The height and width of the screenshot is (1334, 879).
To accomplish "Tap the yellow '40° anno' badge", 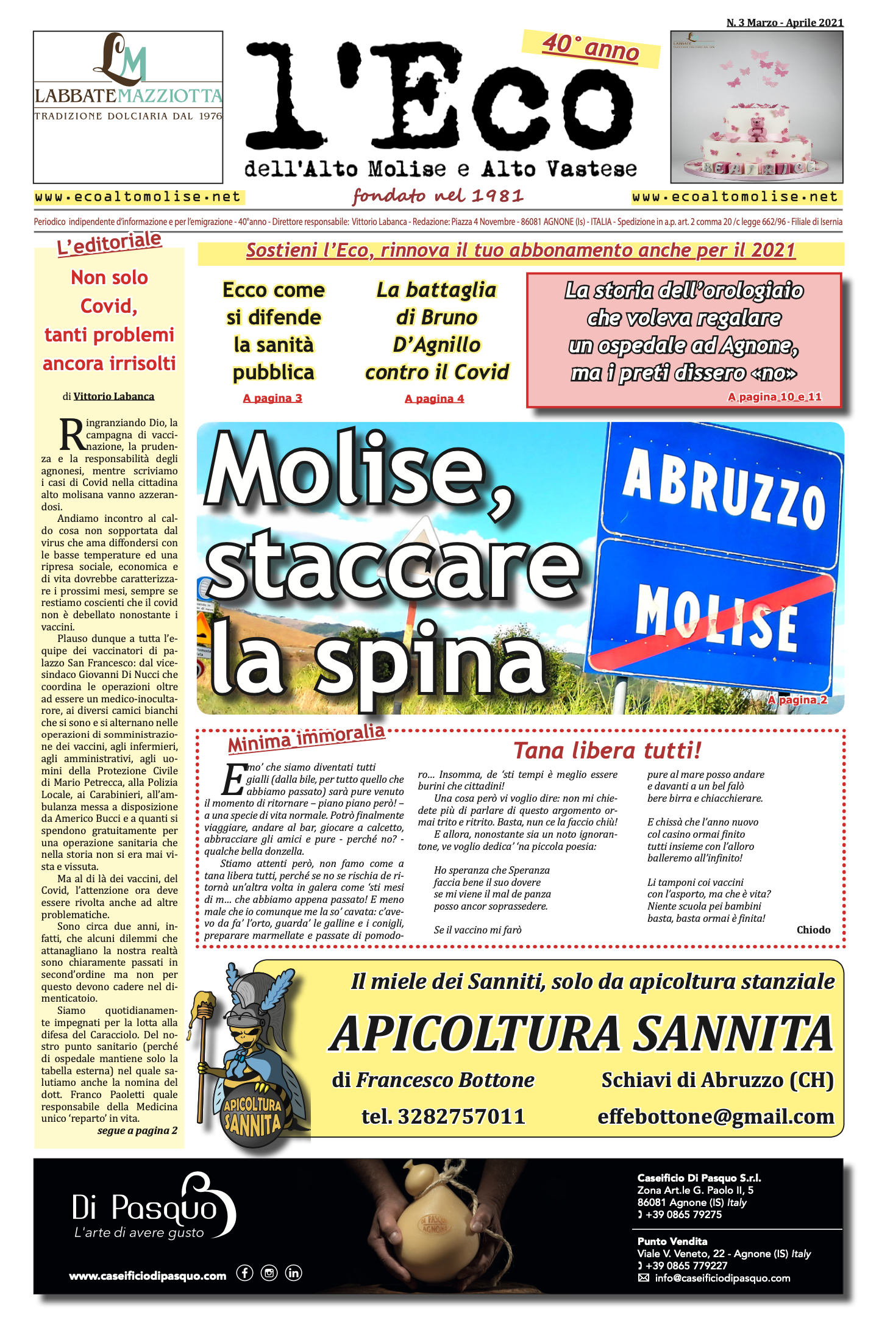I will tap(591, 48).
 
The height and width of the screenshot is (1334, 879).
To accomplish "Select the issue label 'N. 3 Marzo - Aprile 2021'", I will tap(785, 23).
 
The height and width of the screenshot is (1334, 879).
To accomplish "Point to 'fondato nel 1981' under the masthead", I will tap(438, 196).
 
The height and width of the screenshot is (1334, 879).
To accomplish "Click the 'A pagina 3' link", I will tap(272, 398).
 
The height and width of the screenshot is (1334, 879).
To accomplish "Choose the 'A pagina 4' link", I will tap(435, 399).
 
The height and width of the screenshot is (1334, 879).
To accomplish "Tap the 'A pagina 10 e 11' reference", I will tap(775, 397).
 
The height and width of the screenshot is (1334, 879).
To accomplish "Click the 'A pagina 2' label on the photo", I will tap(797, 700).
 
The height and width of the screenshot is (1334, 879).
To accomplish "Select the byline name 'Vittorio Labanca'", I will tap(114, 396).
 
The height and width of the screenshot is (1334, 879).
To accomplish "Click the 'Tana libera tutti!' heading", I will tap(607, 751).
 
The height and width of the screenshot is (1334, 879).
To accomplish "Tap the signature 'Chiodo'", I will tap(813, 930).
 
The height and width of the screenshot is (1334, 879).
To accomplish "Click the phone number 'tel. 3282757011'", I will tap(443, 1116).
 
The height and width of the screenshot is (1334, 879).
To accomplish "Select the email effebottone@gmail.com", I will tap(716, 1116).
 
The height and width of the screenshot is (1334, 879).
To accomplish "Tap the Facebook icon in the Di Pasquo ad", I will tap(244, 1273).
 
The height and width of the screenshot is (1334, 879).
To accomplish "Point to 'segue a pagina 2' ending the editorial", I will tap(137, 1131).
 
